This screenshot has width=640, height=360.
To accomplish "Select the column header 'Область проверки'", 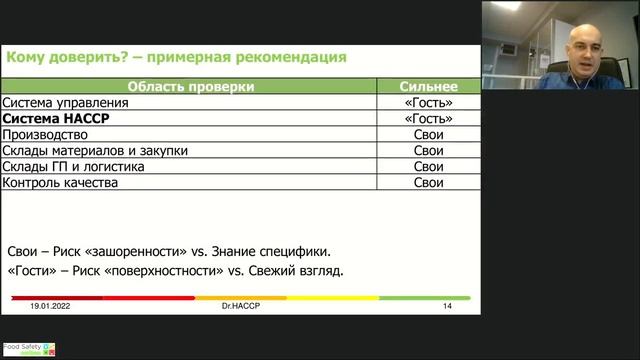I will pyautogui.click(x=189, y=87).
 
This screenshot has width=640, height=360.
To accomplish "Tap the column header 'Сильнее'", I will pyautogui.click(x=428, y=87).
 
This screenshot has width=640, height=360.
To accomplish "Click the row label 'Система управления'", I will pyautogui.click(x=66, y=103).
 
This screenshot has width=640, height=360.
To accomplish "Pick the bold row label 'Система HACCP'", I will pyautogui.click(x=57, y=119).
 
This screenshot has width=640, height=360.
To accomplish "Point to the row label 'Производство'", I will pyautogui.click(x=45, y=135).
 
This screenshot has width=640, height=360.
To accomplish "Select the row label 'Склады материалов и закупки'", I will pyautogui.click(x=95, y=151).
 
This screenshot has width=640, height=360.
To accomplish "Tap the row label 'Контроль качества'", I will pyautogui.click(x=61, y=183).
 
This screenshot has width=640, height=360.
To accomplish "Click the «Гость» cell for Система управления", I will pyautogui.click(x=428, y=103).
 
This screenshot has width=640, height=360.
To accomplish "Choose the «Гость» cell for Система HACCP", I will pyautogui.click(x=428, y=119).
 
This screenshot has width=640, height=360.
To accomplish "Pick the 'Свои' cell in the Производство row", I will pyautogui.click(x=428, y=135).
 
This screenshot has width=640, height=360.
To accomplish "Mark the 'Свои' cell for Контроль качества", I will pyautogui.click(x=428, y=183).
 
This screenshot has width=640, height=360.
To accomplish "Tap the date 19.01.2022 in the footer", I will pyautogui.click(x=51, y=306).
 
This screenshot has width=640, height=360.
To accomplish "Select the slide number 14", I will pyautogui.click(x=447, y=306).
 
